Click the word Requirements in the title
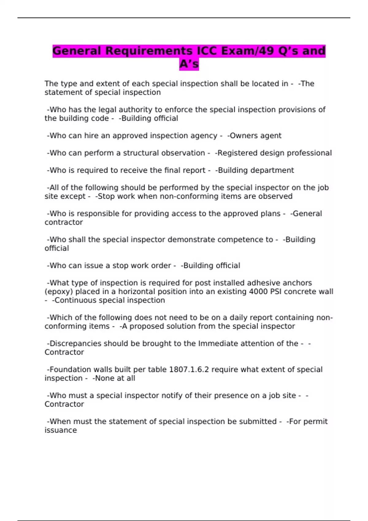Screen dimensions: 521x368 pos(149,51)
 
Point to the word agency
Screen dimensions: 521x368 pos(204,136)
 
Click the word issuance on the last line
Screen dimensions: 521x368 pos(61,430)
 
